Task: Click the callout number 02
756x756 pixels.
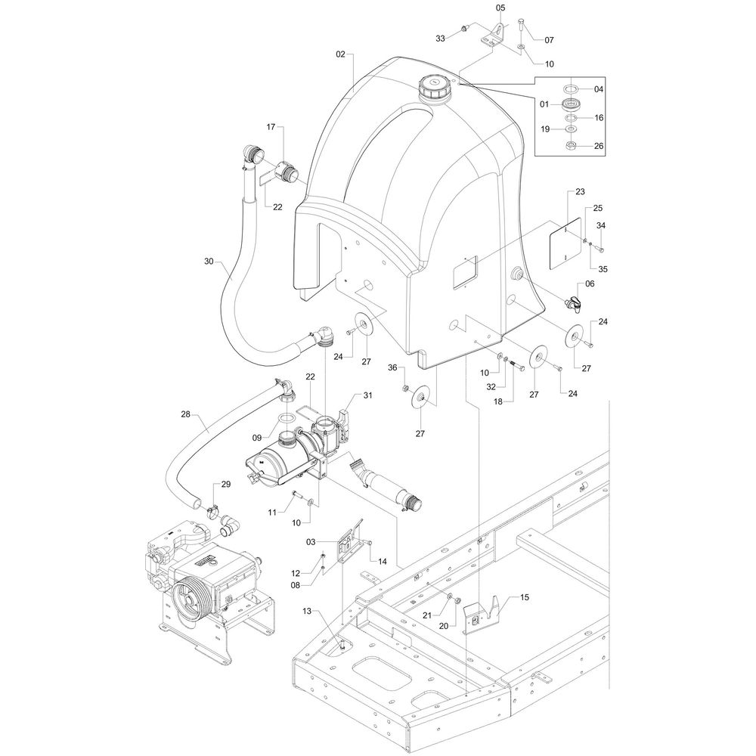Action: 341,54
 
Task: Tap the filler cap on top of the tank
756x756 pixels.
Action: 435,88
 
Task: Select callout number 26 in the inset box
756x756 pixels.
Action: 598,146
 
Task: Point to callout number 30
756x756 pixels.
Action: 209,261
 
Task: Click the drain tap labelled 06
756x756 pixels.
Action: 573,302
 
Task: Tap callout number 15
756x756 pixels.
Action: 524,597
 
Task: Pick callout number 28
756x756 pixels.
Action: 186,414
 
